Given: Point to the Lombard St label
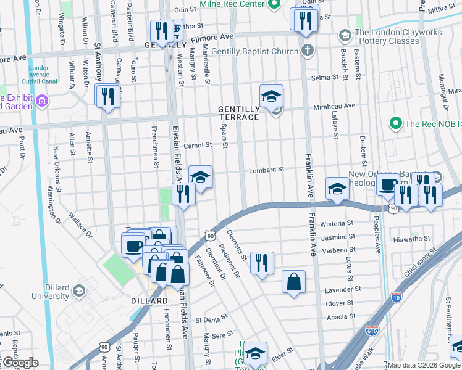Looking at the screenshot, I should [x=266, y=170].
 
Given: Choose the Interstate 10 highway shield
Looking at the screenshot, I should [x=397, y=297].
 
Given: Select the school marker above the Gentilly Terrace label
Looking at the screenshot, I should [x=271, y=96].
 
